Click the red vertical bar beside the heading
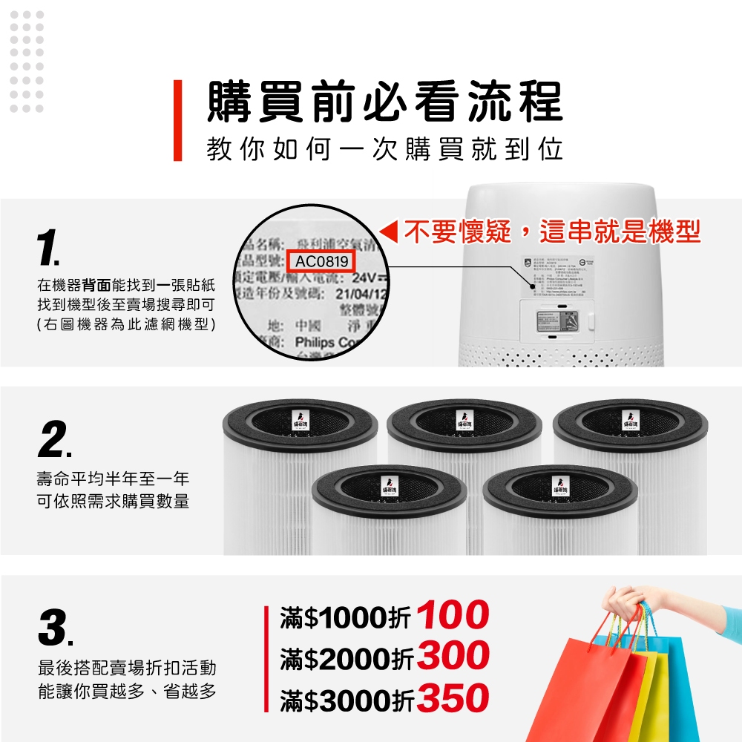pos(177,120)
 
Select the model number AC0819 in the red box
pos(321,262)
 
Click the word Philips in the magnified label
pos(314,344)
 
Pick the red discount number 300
pos(453,656)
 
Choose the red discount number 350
pos(453,698)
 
